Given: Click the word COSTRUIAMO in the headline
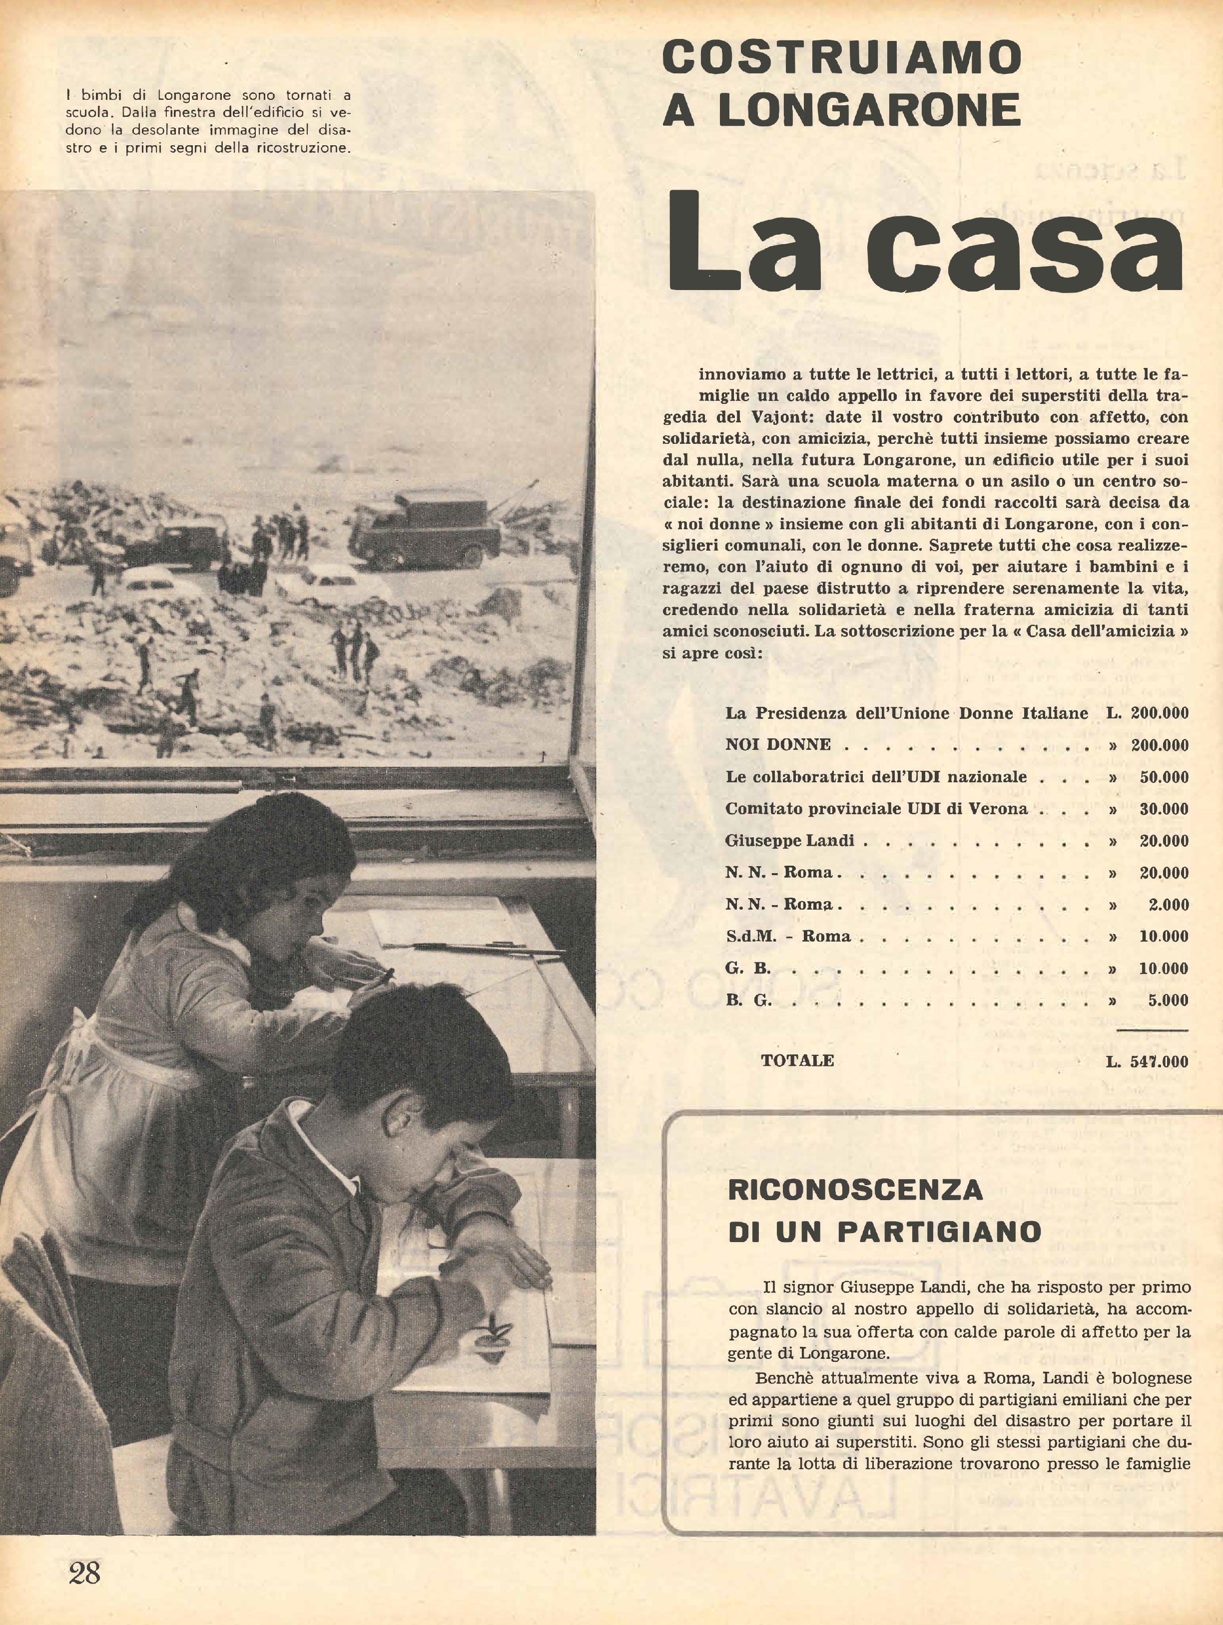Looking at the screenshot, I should coord(841,58).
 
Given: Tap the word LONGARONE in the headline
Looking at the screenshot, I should coord(869,110).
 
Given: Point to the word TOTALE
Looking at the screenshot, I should coord(797,1061).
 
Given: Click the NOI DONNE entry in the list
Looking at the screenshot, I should coord(777,745).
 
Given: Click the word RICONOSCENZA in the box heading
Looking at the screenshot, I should coord(855,1189).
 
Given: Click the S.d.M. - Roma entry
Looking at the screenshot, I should coord(788,937).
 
